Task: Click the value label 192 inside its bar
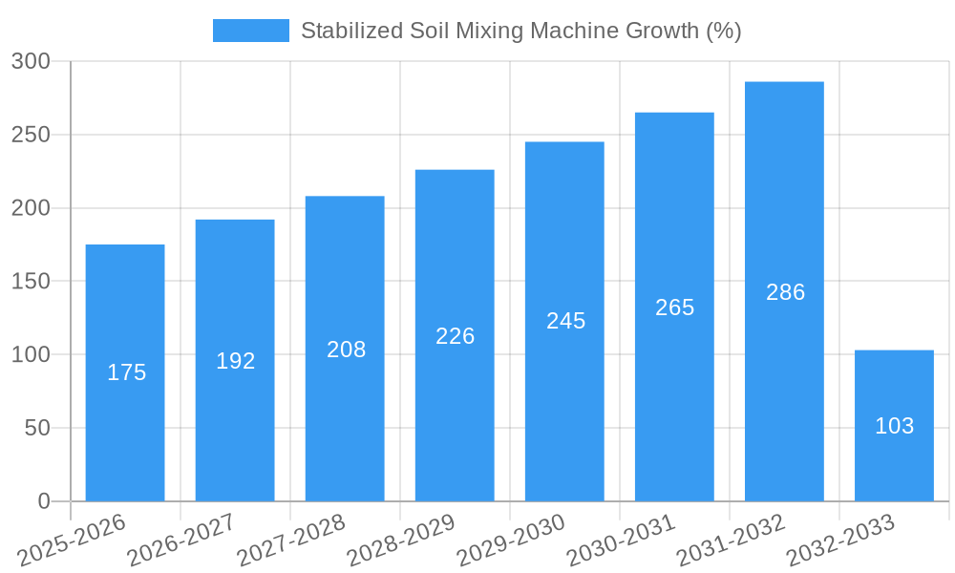pos(236,361)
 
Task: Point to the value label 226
pos(456,336)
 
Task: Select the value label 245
pos(565,321)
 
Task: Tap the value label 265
pos(675,308)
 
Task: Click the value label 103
pos(895,426)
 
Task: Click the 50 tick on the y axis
pos(37,428)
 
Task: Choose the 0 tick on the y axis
pos(44,501)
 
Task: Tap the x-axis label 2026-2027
pos(181,541)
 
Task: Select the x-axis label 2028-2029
pos(401,541)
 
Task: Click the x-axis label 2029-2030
pos(511,541)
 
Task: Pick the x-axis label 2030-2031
pos(621,541)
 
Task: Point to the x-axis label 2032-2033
pos(840,541)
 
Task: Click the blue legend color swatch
pos(250,31)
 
